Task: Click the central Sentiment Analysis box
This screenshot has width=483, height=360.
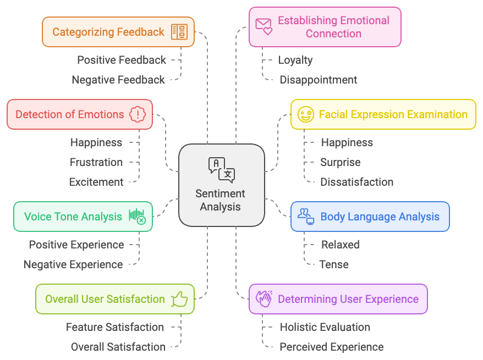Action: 221,185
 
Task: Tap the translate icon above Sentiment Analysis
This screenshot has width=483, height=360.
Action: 221,169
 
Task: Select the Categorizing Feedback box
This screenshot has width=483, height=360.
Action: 118,32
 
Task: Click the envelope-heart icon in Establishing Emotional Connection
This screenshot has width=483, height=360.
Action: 264,26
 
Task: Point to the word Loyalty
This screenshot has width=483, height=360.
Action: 295,60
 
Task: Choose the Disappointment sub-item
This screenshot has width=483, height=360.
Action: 318,80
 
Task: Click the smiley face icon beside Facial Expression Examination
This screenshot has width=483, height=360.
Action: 305,114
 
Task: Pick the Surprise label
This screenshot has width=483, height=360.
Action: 340,162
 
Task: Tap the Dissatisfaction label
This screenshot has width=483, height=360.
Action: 356,182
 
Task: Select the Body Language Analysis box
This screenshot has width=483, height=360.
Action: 370,217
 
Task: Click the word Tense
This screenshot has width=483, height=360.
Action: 334,264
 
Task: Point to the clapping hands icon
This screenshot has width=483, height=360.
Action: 264,299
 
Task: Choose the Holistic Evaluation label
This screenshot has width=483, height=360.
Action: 325,327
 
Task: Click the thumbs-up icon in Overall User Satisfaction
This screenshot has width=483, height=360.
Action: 179,300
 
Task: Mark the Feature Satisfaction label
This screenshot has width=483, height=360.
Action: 114,327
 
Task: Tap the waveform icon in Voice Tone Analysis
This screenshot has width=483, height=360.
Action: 137,216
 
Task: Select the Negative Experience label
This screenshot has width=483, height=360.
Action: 73,264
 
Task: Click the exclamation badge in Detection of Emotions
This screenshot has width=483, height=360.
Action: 136,114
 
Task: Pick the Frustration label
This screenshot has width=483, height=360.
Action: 96,162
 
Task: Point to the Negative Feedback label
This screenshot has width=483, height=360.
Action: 118,80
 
